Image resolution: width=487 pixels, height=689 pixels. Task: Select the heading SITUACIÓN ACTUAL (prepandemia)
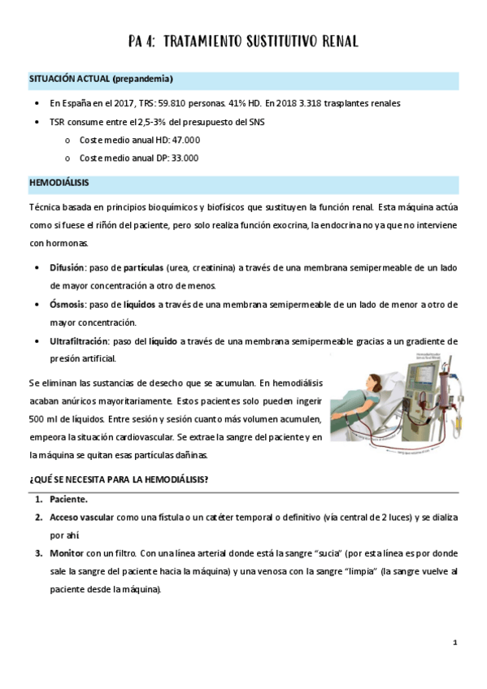click(x=101, y=79)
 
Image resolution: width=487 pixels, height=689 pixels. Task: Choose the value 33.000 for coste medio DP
click(x=185, y=158)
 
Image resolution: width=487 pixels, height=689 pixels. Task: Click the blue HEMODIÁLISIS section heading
click(x=59, y=184)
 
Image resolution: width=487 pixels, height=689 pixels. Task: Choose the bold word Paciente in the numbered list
click(x=68, y=498)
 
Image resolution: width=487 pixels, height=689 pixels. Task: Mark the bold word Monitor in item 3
click(x=67, y=553)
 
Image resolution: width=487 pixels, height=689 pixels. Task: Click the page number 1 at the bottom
click(x=456, y=643)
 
